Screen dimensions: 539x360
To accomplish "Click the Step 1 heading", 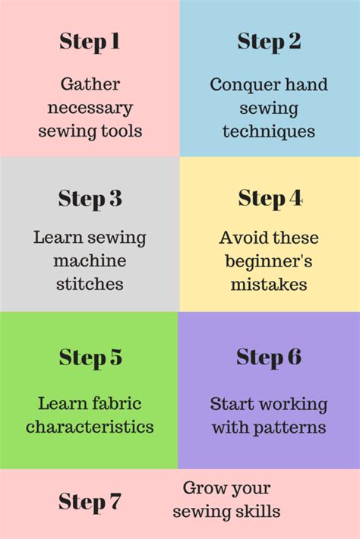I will point(90,42).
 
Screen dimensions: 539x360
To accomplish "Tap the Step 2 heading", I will point(269,42).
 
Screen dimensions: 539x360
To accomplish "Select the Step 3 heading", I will point(90,199).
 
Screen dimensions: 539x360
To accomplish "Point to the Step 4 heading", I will point(270,199).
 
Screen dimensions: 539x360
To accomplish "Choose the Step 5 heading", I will point(90,358).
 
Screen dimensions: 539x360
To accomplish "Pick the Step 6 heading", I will point(269,357).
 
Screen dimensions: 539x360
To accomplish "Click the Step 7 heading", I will point(90,502).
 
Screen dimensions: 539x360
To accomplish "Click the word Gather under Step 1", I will point(90,84).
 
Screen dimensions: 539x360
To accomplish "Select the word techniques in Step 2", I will point(269,132).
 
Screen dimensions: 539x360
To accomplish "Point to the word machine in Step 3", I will point(90,261).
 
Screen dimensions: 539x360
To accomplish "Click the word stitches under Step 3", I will point(90,285).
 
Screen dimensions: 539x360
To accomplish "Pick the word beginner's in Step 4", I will point(269,261).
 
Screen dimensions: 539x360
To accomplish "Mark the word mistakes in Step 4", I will point(269,285).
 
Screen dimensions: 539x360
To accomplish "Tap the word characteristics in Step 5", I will point(90,427).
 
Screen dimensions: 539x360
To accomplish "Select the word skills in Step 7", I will point(258,512).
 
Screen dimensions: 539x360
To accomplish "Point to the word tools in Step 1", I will point(125,131).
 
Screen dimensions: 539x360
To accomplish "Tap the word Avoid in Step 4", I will point(240,238).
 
